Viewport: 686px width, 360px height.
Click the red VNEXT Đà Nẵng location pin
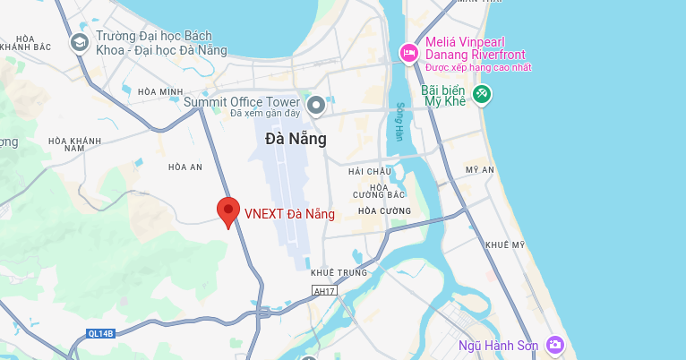click(x=228, y=212)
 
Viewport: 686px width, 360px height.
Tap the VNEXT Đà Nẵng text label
click(x=289, y=214)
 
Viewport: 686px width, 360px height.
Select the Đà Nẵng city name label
click(x=296, y=139)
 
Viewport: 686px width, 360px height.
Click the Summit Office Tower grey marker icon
click(x=315, y=107)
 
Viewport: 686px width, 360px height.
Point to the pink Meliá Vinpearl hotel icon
click(x=408, y=53)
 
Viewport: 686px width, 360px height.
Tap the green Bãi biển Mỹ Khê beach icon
click(x=482, y=93)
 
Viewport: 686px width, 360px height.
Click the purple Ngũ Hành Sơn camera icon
click(x=556, y=345)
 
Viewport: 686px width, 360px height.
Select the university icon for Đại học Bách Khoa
click(x=80, y=41)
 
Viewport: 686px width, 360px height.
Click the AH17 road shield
click(x=323, y=290)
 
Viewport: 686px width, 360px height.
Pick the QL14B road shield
click(x=101, y=333)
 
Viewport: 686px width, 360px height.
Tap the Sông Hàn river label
click(x=400, y=120)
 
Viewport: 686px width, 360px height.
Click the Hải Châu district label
click(x=371, y=171)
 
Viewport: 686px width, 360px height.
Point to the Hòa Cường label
click(x=382, y=210)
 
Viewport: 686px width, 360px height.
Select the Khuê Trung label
click(x=333, y=272)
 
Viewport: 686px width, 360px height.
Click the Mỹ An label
click(x=480, y=169)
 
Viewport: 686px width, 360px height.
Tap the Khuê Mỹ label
click(x=504, y=244)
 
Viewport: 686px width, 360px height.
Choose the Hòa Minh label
click(x=160, y=91)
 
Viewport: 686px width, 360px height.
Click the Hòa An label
click(x=185, y=167)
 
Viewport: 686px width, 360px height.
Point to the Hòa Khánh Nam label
click(x=74, y=144)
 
